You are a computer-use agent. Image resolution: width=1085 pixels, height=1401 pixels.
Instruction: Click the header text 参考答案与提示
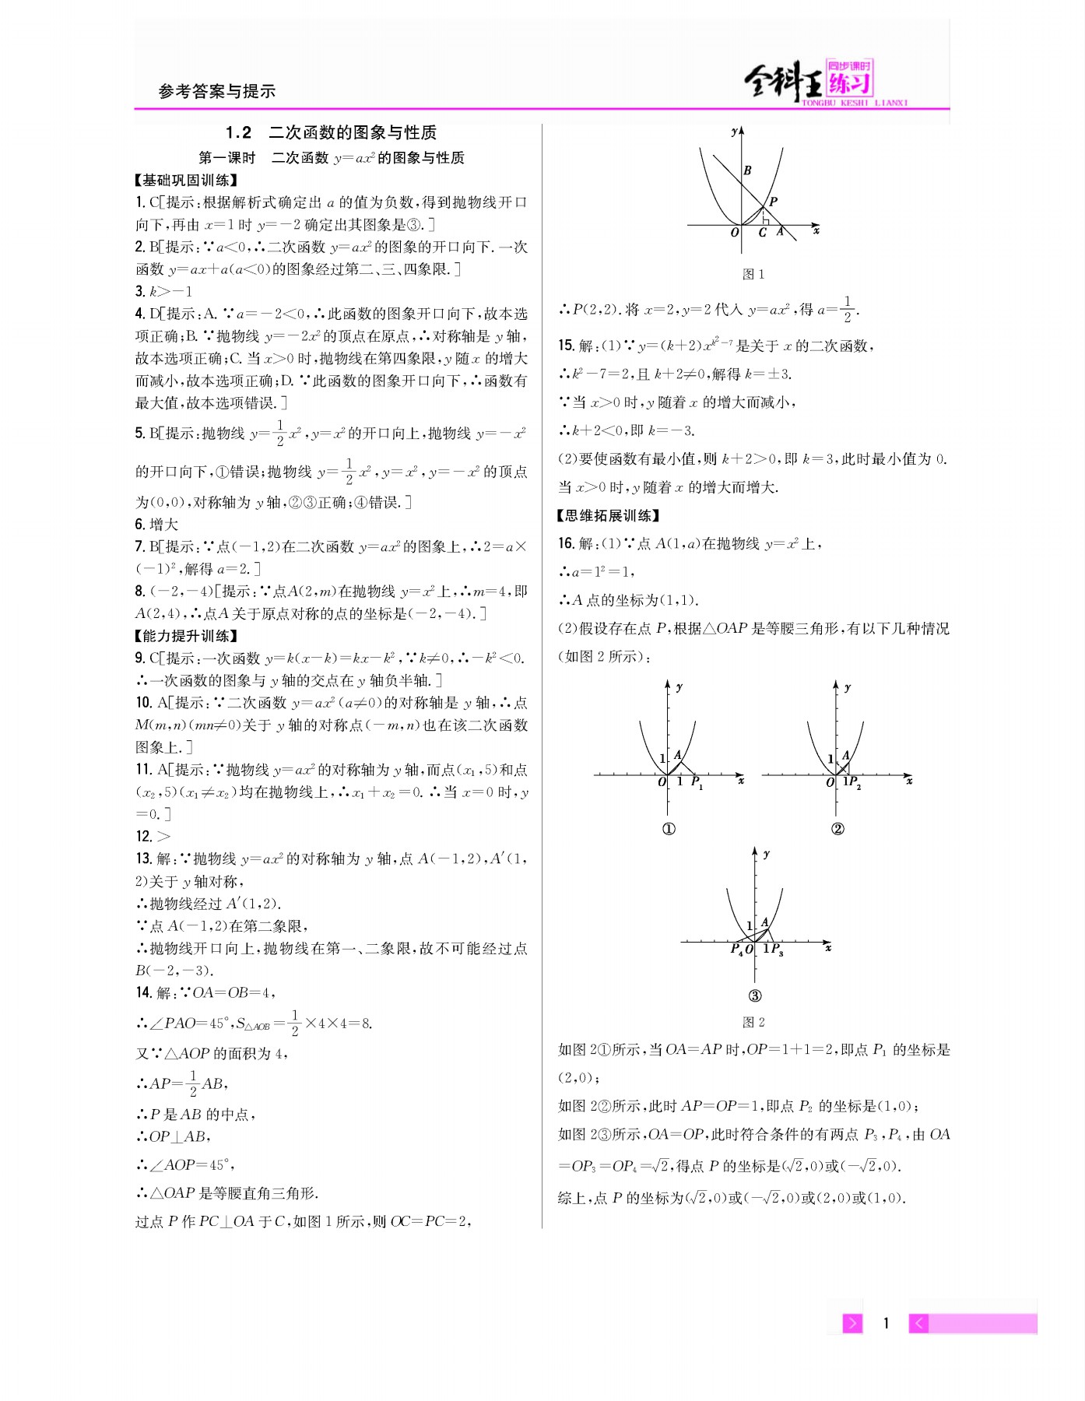[x=217, y=92]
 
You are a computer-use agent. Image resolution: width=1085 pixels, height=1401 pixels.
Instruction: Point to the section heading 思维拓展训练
[x=609, y=515]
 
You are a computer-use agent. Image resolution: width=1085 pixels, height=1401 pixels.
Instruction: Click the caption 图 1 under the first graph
[x=753, y=274]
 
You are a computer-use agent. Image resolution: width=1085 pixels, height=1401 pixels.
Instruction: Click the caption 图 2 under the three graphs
[x=753, y=1022]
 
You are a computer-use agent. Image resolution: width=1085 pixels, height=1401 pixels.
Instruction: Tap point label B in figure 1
[x=747, y=170]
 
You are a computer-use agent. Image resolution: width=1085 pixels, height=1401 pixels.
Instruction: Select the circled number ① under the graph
[x=669, y=829]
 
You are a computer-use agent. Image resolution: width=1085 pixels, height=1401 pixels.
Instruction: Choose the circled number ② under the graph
[x=837, y=829]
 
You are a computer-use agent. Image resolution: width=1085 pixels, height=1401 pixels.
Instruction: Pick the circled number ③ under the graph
[x=754, y=995]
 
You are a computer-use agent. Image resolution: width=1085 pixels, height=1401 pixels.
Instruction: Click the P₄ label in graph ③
[x=736, y=949]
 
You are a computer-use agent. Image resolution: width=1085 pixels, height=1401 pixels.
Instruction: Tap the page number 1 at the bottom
[x=886, y=1322]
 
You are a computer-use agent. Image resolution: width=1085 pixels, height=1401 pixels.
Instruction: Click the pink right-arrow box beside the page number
[x=853, y=1322]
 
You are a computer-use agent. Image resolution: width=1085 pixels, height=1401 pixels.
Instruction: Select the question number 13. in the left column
[x=143, y=859]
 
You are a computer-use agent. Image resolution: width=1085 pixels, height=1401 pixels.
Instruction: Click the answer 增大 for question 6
[x=164, y=525]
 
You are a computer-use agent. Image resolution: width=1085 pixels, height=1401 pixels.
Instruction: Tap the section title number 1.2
[x=239, y=132]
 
